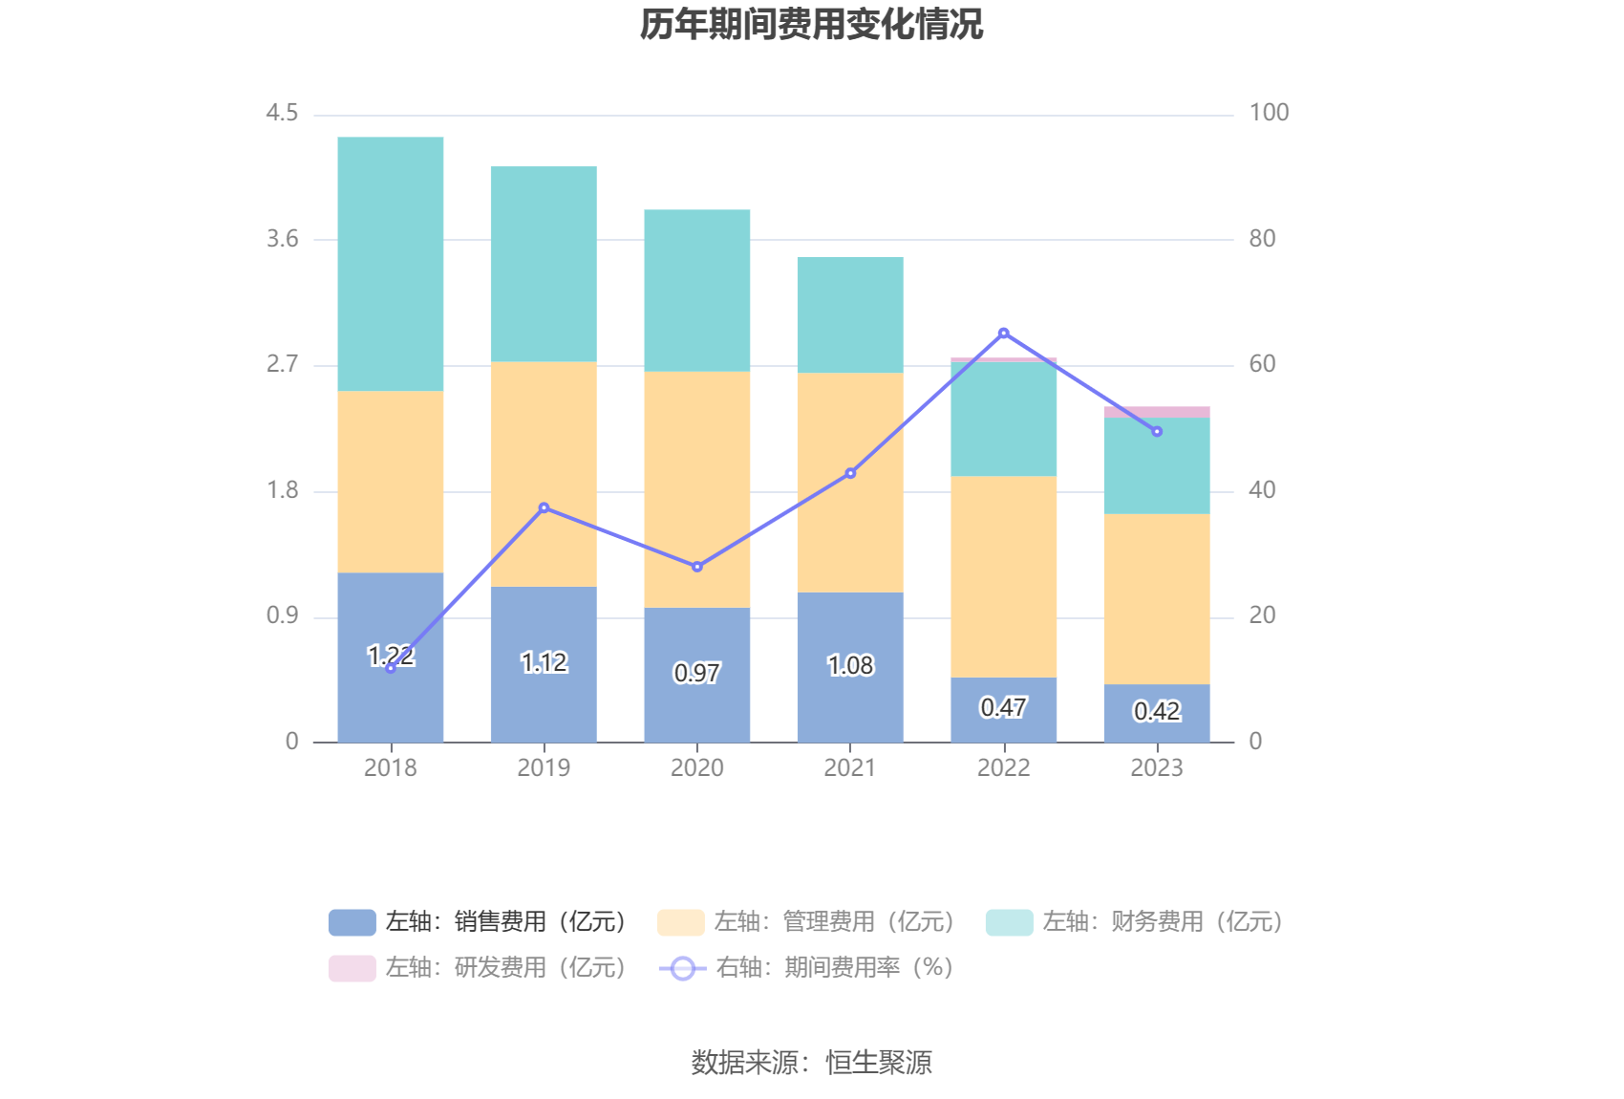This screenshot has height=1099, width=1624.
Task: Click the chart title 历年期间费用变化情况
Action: point(811,25)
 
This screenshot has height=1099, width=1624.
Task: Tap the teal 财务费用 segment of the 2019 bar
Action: point(544,264)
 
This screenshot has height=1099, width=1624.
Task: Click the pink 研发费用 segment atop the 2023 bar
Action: point(1156,413)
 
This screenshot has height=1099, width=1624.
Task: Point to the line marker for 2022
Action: point(1003,334)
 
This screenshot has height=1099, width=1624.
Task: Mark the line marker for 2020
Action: point(696,567)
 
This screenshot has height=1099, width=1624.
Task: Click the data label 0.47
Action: point(1003,708)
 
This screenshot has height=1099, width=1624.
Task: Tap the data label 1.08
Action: point(850,665)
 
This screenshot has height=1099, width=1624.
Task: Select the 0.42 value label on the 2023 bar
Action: point(1156,712)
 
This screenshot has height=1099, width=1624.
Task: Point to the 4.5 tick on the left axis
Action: point(282,113)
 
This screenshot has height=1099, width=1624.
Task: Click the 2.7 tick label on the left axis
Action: point(282,364)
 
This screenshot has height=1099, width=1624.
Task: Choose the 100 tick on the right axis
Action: point(1269,113)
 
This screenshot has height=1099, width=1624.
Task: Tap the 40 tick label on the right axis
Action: point(1262,490)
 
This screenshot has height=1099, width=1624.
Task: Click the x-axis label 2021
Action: point(850,768)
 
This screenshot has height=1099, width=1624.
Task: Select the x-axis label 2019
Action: point(544,768)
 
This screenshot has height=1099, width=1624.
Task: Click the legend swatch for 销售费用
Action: point(352,922)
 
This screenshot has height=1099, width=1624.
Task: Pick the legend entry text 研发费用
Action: point(505,968)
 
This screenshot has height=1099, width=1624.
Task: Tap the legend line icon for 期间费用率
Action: point(682,968)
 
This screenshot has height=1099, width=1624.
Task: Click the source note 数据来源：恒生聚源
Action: point(811,1063)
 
